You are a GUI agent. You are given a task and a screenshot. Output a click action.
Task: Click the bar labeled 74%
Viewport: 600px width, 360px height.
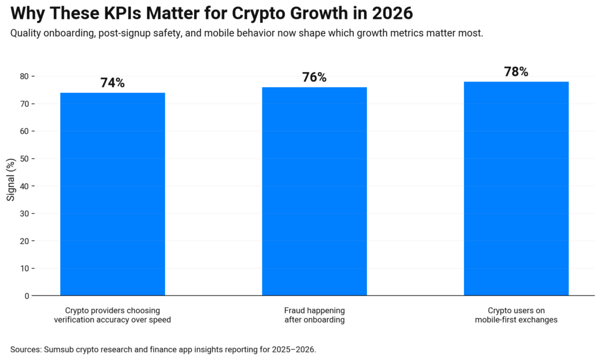[x=112, y=193]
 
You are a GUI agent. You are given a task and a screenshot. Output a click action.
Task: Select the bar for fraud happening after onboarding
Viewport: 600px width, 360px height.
[x=314, y=191]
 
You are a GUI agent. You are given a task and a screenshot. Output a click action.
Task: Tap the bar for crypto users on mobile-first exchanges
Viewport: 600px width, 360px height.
[x=516, y=188]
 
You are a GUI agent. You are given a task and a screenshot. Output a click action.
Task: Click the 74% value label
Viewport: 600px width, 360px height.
[x=112, y=83]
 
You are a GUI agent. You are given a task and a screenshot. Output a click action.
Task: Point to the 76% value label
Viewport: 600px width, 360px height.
[x=314, y=78]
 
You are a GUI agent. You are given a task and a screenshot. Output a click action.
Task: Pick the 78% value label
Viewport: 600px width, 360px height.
[x=516, y=72]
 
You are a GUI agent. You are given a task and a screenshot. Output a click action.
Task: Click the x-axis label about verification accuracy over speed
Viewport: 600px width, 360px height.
[x=112, y=315]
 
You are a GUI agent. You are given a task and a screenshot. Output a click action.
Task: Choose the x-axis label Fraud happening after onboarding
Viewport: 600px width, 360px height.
[x=314, y=315]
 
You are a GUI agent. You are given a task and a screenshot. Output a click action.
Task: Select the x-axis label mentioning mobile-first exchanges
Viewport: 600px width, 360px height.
[x=516, y=315]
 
